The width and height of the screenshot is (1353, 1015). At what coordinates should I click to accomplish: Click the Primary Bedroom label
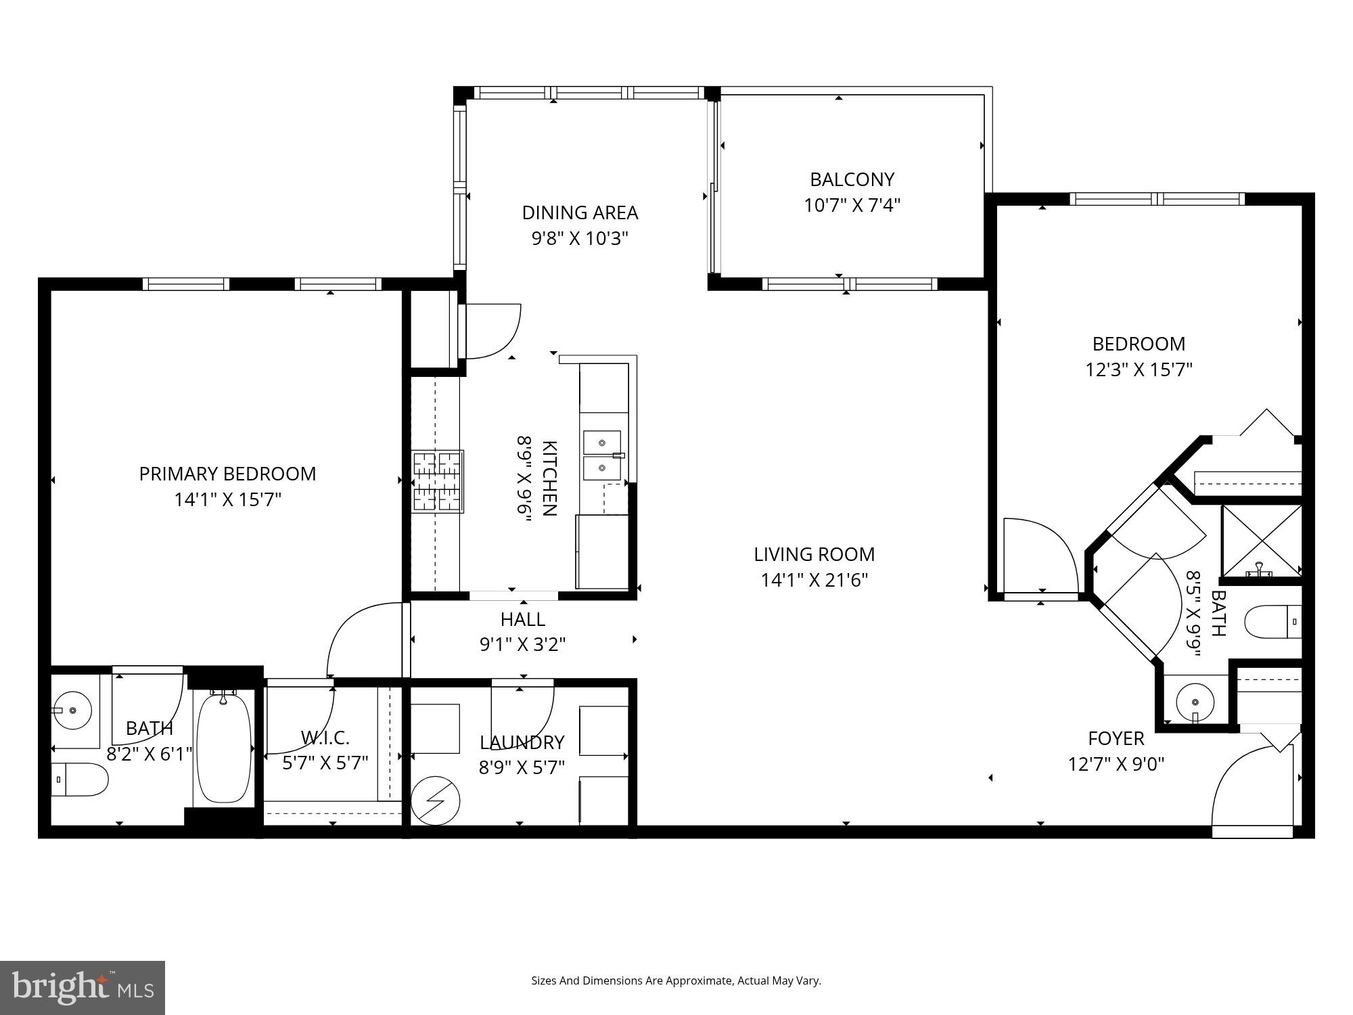227,474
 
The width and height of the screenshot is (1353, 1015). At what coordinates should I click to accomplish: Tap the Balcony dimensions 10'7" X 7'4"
852,205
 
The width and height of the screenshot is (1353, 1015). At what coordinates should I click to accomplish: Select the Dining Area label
580,212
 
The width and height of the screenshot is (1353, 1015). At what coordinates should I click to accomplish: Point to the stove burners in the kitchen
438,482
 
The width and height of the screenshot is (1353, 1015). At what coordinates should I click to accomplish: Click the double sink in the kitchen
602,455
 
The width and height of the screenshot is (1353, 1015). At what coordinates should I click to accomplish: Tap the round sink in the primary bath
72,710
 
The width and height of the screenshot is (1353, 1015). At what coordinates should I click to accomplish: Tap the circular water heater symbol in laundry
436,800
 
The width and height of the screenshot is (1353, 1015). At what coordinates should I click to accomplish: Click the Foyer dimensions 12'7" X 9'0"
1116,764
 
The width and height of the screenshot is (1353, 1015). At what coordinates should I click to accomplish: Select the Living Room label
814,554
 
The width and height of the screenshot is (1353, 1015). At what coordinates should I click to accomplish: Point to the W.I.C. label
325,737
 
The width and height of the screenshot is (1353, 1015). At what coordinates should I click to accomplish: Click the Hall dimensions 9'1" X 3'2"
522,644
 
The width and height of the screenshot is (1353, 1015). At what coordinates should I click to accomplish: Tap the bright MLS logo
82,987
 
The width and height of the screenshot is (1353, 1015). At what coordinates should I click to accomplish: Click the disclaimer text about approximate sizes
676,980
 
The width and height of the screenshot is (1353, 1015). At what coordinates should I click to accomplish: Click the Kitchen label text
549,478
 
